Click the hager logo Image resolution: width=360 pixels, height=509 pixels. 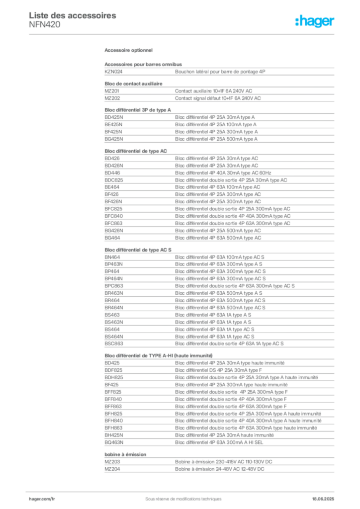315,21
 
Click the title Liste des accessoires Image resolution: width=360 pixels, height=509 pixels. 73,15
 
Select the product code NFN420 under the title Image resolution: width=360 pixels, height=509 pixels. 44,25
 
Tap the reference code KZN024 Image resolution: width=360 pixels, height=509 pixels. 113,72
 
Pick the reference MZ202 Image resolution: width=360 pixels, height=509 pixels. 112,98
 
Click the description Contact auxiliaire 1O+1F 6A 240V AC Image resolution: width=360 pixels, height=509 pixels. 214,91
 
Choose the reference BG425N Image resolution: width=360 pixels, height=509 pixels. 114,139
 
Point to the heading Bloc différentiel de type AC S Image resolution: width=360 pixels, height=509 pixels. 138,250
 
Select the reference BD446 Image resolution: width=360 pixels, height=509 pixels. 112,172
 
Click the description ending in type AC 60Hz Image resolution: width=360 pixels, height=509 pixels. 223,172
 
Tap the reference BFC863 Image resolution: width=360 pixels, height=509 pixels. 113,223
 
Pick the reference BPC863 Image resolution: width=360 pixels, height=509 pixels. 114,286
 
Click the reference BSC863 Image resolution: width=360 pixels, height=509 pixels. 114,343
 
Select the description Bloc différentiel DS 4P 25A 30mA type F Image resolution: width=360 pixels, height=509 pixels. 218,370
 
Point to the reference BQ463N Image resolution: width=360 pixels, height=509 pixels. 114,442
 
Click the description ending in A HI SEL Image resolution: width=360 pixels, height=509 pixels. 219,442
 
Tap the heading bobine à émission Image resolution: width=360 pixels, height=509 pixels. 125,454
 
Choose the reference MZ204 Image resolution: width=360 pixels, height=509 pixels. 112,469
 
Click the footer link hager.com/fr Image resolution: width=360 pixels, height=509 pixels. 42,499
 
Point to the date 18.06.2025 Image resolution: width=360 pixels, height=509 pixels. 323,499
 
